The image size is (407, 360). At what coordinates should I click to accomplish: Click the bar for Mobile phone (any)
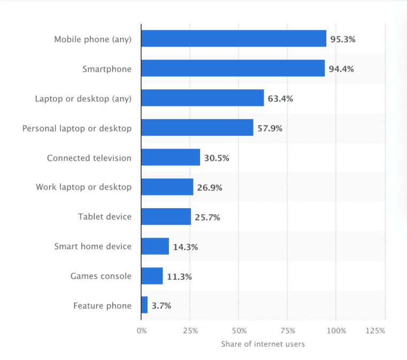pyautogui.click(x=234, y=39)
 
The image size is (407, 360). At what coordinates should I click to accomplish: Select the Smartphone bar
pyautogui.click(x=233, y=68)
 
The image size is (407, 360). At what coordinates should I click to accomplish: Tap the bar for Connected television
pyautogui.click(x=171, y=157)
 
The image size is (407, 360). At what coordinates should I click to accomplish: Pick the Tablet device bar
pyautogui.click(x=166, y=217)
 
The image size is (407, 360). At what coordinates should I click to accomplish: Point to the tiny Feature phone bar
pyautogui.click(x=144, y=305)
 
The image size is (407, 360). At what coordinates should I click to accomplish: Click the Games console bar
pyautogui.click(x=152, y=276)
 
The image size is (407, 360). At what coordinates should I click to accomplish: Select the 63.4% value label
pyautogui.click(x=280, y=98)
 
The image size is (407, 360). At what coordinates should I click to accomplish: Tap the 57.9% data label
pyautogui.click(x=270, y=128)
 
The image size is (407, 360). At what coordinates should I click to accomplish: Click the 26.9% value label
pyautogui.click(x=210, y=188)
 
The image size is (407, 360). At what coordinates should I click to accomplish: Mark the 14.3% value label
pyautogui.click(x=185, y=247)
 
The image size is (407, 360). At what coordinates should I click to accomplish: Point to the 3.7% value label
pyautogui.click(x=161, y=306)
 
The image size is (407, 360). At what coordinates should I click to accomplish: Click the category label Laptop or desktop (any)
pyautogui.click(x=83, y=98)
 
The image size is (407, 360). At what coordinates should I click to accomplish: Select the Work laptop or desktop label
pyautogui.click(x=83, y=187)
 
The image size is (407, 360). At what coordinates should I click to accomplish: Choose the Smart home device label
pyautogui.click(x=93, y=247)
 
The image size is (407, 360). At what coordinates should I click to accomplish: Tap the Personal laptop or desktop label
pyautogui.click(x=76, y=128)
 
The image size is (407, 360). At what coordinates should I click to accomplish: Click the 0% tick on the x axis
pyautogui.click(x=141, y=331)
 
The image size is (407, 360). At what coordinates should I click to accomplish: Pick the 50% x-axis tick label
pyautogui.click(x=239, y=331)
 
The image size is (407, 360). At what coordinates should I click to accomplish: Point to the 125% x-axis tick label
pyautogui.click(x=376, y=331)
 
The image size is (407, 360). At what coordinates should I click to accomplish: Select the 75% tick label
pyautogui.click(x=287, y=331)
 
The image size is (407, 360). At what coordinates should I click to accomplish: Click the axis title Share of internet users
pyautogui.click(x=263, y=344)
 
